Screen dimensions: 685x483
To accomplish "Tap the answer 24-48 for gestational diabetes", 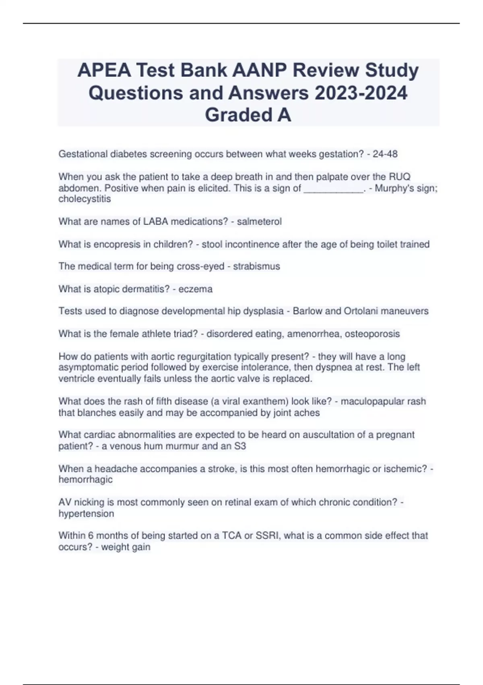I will point(385,154).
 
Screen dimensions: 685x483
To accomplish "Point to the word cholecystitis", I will point(85,199).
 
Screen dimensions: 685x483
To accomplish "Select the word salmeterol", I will point(259,222).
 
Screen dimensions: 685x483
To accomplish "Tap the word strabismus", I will point(256,266).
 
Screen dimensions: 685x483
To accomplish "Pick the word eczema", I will point(195,289).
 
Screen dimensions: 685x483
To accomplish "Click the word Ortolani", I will point(360,311).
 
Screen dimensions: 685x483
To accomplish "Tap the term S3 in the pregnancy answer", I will point(240,446).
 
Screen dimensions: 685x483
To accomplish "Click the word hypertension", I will point(86,514).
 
